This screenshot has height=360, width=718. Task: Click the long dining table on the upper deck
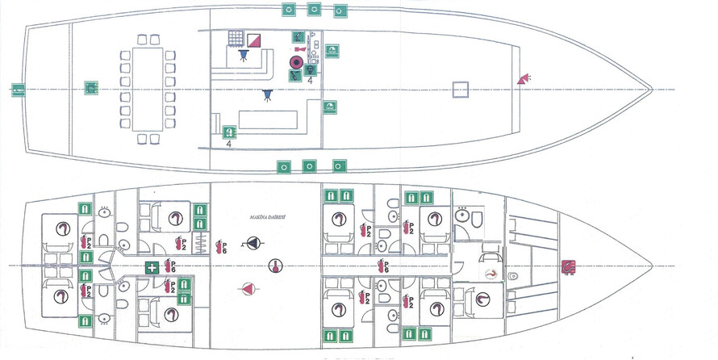coord(148,88)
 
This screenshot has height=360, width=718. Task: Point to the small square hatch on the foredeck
coord(461,88)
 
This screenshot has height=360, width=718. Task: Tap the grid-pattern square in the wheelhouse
coord(236,38)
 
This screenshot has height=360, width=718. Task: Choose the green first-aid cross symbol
coord(151,267)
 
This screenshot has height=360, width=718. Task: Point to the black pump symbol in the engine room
coord(254,243)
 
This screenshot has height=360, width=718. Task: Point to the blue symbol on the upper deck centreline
coord(266,94)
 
